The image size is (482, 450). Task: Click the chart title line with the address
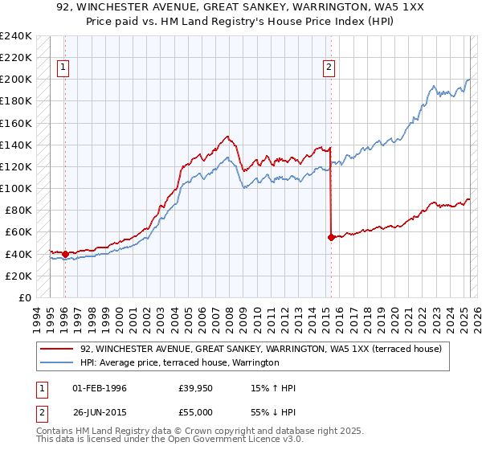tap(240, 7)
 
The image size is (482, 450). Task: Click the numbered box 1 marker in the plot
tap(63, 68)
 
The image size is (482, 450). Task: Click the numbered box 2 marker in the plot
tap(329, 68)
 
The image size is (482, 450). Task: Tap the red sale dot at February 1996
tap(65, 254)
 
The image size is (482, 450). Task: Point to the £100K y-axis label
tap(16, 188)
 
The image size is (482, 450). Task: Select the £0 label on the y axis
tap(24, 297)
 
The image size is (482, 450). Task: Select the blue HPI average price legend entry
tap(179, 363)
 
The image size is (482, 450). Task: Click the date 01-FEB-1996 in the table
tap(98, 389)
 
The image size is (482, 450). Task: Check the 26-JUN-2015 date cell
tap(98, 411)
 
